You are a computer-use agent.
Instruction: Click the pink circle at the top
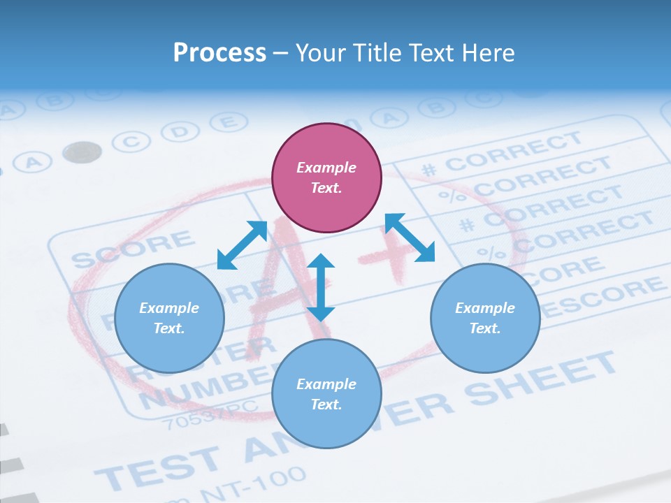click(x=326, y=178)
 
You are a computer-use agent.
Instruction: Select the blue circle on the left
click(x=169, y=318)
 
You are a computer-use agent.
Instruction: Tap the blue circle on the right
click(x=485, y=318)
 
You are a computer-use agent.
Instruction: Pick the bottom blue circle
click(x=326, y=394)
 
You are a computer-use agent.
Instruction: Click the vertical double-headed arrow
click(x=321, y=287)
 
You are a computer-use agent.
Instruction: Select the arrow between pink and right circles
click(x=410, y=238)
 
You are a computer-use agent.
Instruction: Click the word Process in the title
click(x=219, y=52)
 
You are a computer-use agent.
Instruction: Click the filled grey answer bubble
click(x=82, y=152)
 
